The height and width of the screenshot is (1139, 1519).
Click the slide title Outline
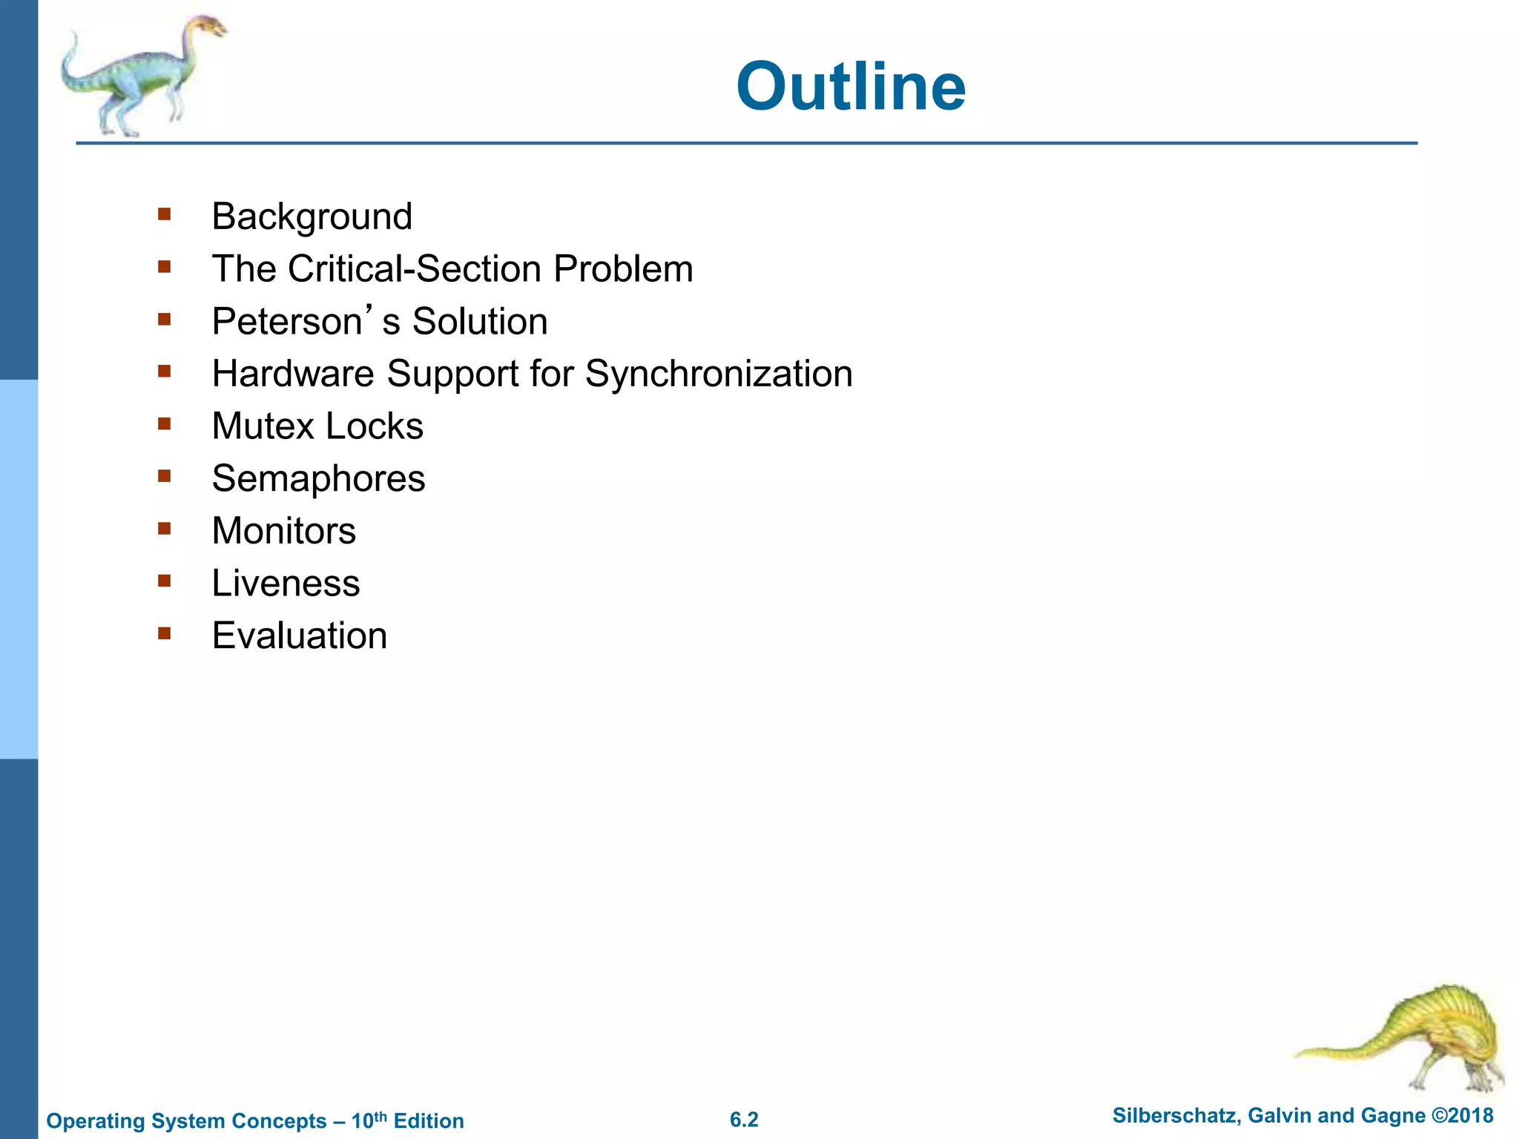(x=851, y=88)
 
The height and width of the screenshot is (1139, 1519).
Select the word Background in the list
(x=312, y=217)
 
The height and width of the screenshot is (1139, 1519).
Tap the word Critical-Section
(x=416, y=269)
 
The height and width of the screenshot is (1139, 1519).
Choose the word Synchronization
(x=718, y=374)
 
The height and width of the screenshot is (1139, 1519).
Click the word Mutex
(x=263, y=426)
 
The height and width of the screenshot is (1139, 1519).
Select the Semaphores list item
(x=318, y=479)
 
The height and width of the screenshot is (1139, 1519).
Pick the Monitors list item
(x=283, y=531)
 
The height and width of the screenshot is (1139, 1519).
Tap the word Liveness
(x=286, y=584)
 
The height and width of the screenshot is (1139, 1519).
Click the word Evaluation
(x=299, y=636)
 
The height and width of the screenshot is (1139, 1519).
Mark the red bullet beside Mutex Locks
(x=165, y=424)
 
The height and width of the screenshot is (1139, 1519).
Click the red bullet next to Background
(x=165, y=214)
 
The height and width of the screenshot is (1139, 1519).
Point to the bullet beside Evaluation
(x=165, y=633)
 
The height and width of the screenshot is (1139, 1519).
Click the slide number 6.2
(x=744, y=1120)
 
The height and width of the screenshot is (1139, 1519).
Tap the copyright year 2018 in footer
(x=1472, y=1116)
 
